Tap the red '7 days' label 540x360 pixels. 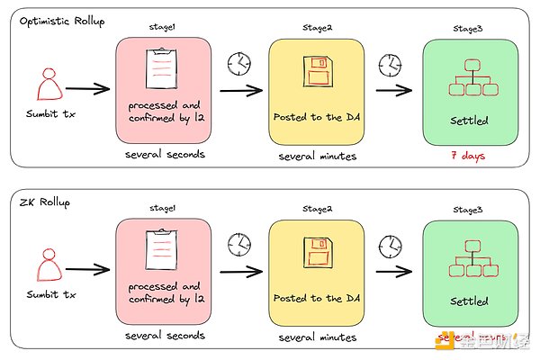point(468,155)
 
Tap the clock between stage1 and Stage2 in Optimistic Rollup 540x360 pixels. point(238,62)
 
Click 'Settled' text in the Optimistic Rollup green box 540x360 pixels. point(468,120)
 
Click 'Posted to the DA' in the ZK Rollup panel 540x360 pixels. point(315,299)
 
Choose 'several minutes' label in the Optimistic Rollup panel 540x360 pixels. point(316,156)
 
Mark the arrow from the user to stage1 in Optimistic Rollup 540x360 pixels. point(86,89)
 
